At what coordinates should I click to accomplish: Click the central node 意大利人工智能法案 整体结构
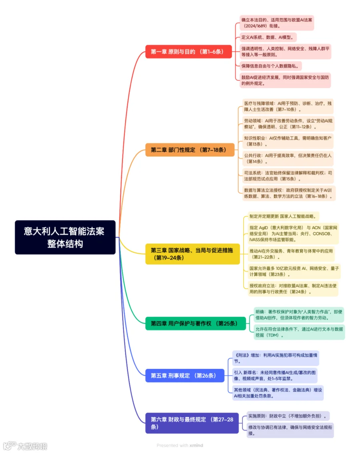point(65,237)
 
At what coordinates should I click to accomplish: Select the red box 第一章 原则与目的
point(188,52)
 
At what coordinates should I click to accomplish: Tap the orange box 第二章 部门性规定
point(190,150)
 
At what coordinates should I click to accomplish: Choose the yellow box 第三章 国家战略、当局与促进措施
point(192,254)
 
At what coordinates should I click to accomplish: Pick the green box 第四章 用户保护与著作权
point(196,323)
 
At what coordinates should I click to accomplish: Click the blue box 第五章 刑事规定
point(185,376)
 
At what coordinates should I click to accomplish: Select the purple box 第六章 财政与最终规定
point(192,423)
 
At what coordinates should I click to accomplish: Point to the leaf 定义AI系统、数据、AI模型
point(268,37)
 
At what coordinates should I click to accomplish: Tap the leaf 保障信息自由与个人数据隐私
point(270,66)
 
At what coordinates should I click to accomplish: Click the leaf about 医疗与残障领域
point(288,106)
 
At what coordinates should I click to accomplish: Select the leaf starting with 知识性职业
point(288,141)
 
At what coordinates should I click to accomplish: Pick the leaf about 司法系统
point(288,176)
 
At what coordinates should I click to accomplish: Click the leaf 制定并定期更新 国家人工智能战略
point(283,216)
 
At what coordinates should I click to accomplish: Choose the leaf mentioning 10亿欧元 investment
point(294,271)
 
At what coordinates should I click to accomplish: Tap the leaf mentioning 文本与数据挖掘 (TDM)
point(299,332)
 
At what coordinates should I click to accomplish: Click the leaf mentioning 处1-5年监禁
point(274,375)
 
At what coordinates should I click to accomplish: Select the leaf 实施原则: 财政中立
point(288,416)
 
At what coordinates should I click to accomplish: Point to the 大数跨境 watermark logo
point(25,446)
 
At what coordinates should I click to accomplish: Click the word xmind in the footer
point(196,445)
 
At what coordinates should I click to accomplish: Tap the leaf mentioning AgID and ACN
point(293,233)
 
